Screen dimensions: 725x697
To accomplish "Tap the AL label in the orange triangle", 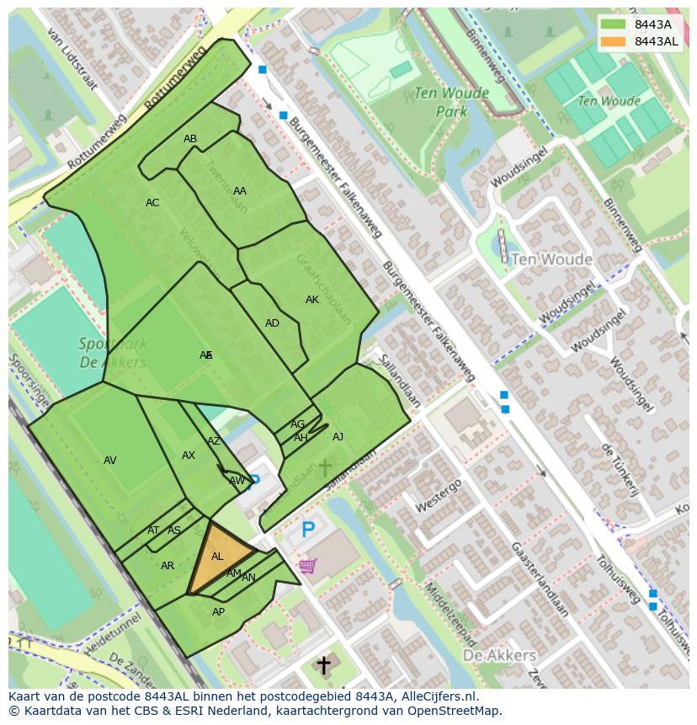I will [x=217, y=557].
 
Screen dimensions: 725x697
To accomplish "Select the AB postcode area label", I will [x=190, y=139].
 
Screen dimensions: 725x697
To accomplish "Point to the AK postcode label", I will [x=312, y=300].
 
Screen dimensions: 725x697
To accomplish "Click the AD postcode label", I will [x=272, y=323].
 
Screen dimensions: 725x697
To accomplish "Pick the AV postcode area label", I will [x=110, y=461].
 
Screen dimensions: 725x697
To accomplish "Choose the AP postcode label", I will [x=218, y=612].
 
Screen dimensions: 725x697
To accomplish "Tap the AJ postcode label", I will [x=338, y=437].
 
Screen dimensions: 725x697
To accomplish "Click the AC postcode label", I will [x=152, y=203].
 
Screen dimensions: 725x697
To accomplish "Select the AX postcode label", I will [x=189, y=456].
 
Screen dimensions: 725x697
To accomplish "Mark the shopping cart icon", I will [x=307, y=566].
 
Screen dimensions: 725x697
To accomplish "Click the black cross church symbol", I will [x=323, y=665].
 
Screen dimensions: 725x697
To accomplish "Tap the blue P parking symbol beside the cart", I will [x=308, y=530].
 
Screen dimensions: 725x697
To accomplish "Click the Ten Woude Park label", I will [x=439, y=102].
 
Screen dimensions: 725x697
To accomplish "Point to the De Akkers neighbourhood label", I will [x=499, y=655].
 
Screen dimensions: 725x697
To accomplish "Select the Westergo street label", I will [x=438, y=496].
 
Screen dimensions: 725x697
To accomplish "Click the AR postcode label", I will [x=168, y=566].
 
